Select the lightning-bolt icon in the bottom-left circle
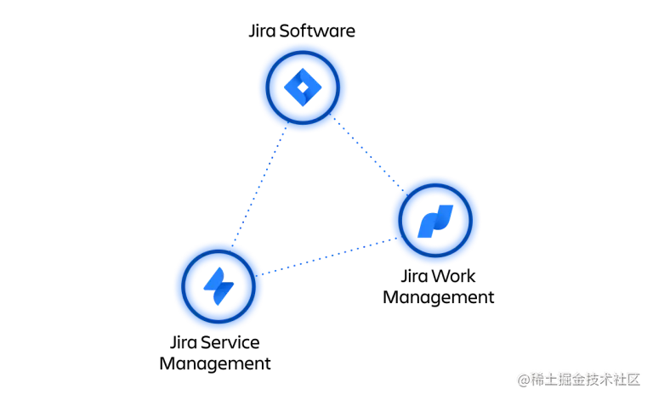(218, 285)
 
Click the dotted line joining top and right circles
(367, 153)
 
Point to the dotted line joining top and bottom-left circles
(258, 187)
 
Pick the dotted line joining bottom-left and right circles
(327, 258)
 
